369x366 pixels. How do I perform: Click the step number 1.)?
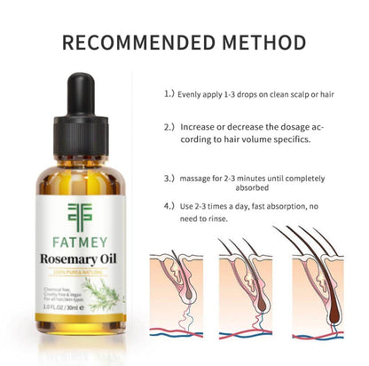(x=169, y=91)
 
